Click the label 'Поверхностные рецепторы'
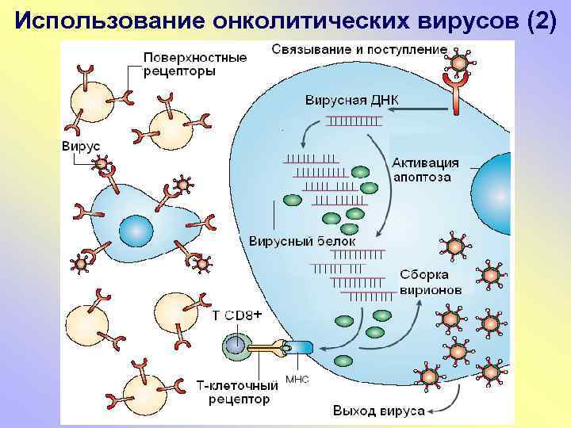tap(194, 64)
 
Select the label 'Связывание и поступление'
tap(359, 50)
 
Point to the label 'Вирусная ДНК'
tap(352, 100)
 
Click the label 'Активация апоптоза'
tap(425, 170)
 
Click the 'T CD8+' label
tap(237, 315)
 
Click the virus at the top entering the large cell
tap(459, 57)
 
